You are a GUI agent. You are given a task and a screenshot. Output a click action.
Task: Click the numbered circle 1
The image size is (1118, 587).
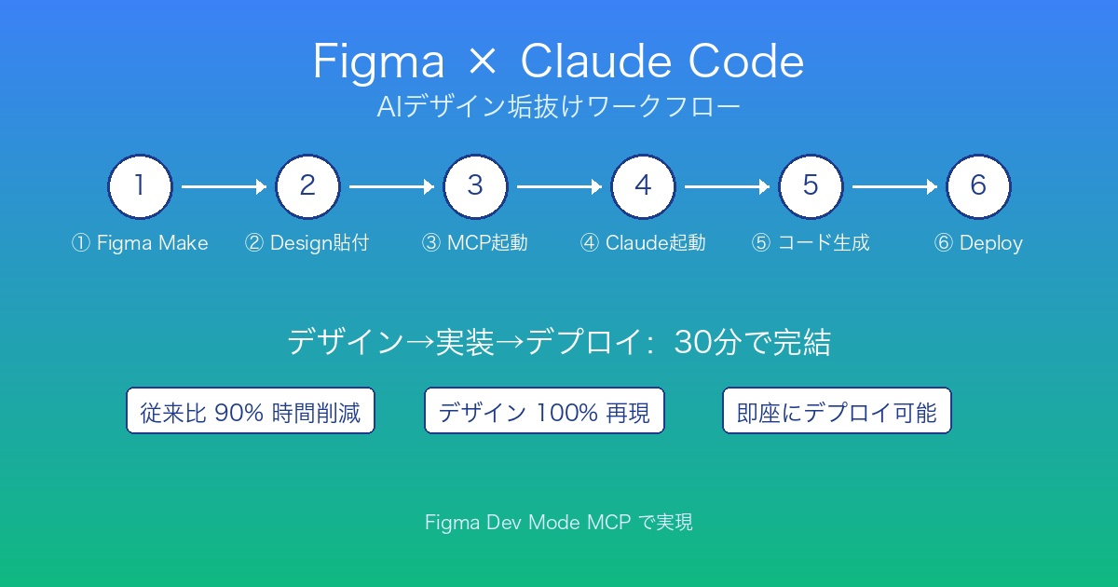pos(140,186)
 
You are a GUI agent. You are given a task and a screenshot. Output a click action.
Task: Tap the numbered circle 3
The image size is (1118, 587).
pos(475,186)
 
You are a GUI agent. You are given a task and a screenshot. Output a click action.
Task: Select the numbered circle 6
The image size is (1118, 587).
pos(978,186)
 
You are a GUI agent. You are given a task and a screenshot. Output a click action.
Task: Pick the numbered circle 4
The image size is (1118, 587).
pos(643,186)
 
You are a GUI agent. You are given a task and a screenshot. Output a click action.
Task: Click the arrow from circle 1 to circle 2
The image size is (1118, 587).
pos(224,187)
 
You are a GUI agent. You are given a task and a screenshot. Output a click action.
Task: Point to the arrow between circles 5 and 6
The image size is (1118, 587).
pos(894,187)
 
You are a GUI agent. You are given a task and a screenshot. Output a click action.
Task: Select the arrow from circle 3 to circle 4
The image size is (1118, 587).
pos(559,187)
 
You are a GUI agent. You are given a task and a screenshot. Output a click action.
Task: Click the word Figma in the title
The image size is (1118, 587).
pos(378,63)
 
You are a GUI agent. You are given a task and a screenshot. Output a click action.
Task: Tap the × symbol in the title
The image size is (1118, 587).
pos(482,63)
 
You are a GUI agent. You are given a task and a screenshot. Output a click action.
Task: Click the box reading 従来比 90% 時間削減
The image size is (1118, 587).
pos(251,411)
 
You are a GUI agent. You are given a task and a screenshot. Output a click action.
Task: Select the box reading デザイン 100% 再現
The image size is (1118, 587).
pos(544,411)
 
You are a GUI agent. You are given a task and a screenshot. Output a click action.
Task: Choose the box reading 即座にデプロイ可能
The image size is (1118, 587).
pos(837,411)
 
